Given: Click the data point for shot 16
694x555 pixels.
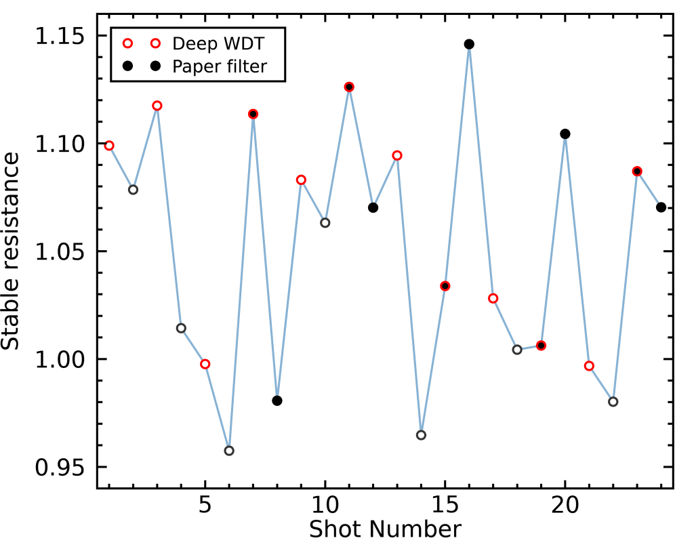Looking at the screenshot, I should click(469, 44).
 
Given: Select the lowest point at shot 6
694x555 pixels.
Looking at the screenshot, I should click(229, 451).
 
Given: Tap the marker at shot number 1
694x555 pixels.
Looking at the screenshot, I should click(109, 145).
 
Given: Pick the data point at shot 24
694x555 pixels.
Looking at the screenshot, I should click(661, 207).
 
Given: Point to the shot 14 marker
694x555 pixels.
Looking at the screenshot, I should click(421, 435).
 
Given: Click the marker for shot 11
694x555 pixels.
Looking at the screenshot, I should click(349, 87).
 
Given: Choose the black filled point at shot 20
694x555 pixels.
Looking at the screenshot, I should click(565, 133).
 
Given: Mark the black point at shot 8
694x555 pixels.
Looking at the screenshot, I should click(277, 400).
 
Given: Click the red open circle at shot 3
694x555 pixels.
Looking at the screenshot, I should click(157, 106).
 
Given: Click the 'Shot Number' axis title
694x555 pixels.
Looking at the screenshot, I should click(385, 529).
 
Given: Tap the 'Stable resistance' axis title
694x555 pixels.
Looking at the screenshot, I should click(12, 251).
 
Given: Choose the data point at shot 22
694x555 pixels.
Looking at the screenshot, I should click(613, 401).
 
